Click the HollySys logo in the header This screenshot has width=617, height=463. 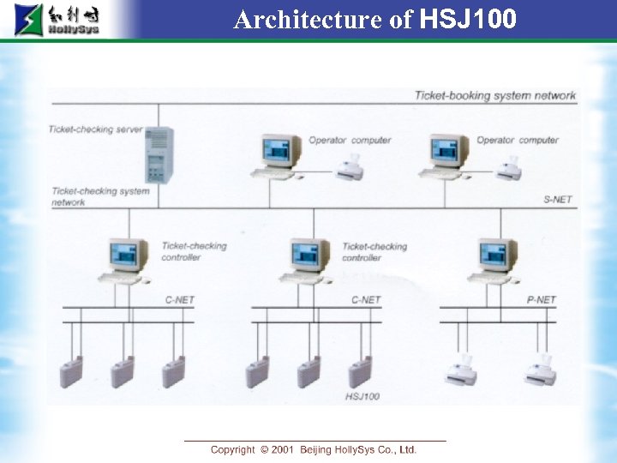[x=57, y=20]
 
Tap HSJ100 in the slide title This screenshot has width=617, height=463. [x=469, y=19]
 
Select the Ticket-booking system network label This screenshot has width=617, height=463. [x=495, y=95]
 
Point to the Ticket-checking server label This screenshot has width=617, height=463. [x=95, y=129]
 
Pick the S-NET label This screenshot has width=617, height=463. [x=557, y=200]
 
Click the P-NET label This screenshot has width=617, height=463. [x=541, y=300]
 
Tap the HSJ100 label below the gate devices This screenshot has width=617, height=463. [x=362, y=397]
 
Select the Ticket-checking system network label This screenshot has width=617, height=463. [x=99, y=196]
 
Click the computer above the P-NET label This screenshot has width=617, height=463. [x=496, y=260]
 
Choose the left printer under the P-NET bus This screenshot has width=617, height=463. [x=463, y=370]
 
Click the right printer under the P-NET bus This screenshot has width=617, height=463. [x=540, y=370]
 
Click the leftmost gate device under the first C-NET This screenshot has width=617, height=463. [x=71, y=371]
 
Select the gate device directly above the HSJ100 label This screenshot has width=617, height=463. [x=360, y=371]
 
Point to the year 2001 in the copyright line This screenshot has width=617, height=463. [x=283, y=449]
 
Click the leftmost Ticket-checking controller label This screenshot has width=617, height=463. [x=195, y=251]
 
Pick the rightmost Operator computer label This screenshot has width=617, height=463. [x=517, y=140]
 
